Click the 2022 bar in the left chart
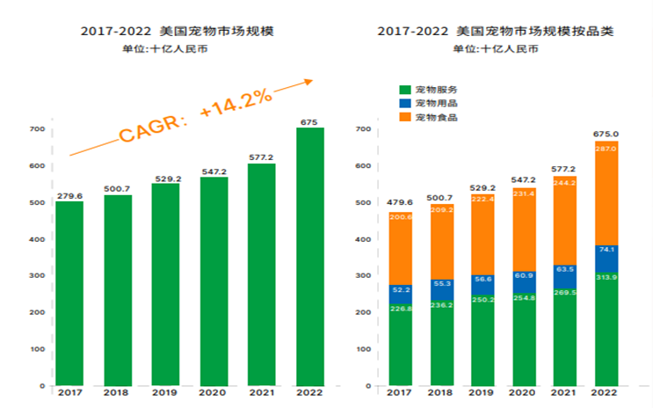tap(310, 255)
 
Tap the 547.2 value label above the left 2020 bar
tap(214, 172)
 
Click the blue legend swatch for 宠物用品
tap(405, 104)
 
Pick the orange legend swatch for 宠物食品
tap(405, 117)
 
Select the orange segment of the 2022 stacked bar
tap(606, 193)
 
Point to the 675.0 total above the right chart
tap(606, 134)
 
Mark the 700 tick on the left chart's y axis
tap(37, 129)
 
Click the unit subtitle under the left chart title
tap(165, 48)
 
